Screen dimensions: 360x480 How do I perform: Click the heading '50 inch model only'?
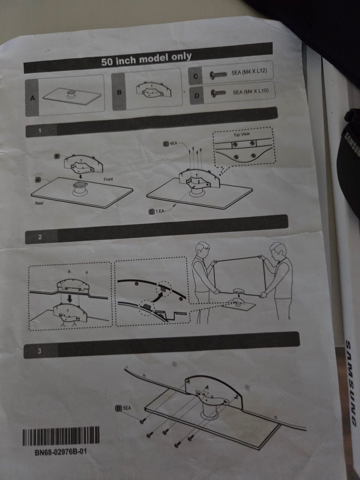coord(146,59)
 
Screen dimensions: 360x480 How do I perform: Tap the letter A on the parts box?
coord(33,98)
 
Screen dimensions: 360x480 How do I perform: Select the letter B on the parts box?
coord(119,92)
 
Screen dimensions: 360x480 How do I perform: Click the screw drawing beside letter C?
coord(218,75)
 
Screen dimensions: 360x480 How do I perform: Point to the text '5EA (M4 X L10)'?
coord(251,91)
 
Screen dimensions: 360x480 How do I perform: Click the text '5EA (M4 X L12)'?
coord(249,72)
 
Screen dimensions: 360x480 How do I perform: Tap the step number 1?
coord(40,131)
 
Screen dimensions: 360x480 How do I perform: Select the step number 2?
coord(40,237)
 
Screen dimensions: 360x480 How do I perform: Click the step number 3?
coord(40,351)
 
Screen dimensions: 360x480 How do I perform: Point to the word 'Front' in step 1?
coord(108,179)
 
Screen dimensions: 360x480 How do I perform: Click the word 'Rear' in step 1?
coord(39,203)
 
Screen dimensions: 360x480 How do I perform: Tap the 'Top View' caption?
coord(241,135)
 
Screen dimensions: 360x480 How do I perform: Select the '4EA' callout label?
coord(173,144)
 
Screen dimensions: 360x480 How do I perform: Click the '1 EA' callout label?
coord(160,211)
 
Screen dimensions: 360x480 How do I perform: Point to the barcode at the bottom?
coord(61,436)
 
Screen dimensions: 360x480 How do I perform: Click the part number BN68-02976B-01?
coord(61,451)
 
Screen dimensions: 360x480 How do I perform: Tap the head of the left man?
coord(202,250)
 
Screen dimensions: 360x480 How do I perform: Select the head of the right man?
coord(277,251)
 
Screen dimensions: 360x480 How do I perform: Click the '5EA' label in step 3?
coord(127,408)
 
